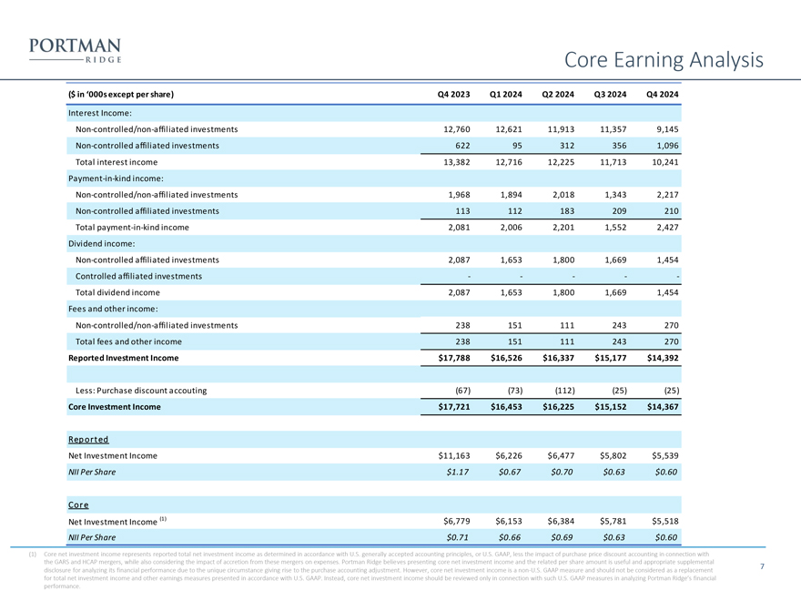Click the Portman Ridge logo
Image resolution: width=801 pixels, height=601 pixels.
76,50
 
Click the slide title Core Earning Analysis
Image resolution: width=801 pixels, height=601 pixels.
664,60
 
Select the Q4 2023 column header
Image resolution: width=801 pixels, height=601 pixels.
454,95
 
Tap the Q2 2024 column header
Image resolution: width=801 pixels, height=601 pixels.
563,95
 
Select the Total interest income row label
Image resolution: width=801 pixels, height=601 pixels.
117,162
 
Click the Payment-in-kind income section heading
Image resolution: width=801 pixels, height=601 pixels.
116,178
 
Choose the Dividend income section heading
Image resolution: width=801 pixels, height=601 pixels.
101,243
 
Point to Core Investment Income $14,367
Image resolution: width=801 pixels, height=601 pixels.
662,407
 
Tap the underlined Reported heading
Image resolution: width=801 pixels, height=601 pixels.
88,439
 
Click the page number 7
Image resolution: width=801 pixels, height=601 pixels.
761,567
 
